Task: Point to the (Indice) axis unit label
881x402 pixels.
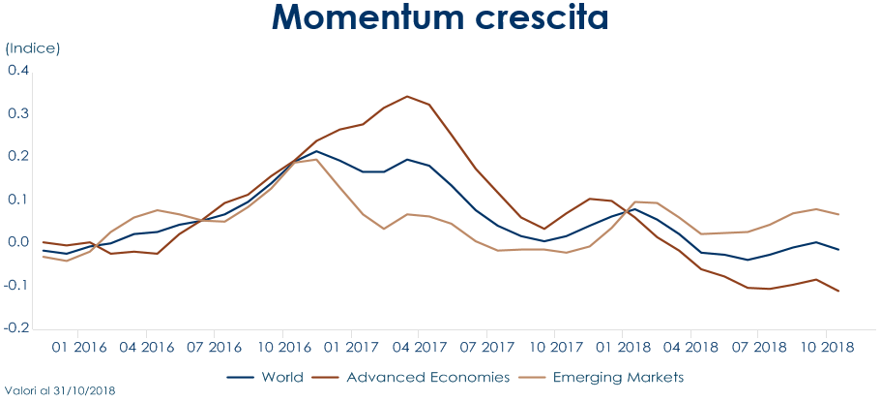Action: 33,47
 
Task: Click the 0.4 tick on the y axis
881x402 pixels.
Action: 18,70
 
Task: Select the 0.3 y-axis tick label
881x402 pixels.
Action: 18,113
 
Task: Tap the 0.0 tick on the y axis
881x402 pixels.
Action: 18,242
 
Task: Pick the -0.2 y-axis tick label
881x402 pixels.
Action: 16,328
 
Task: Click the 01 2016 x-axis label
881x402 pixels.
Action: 79,347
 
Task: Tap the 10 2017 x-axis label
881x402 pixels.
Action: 555,347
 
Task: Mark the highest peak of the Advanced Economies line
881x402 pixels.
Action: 407,96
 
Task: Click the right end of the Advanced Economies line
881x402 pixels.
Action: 838,292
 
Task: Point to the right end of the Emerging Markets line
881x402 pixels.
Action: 838,214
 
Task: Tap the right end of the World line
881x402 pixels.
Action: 838,250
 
